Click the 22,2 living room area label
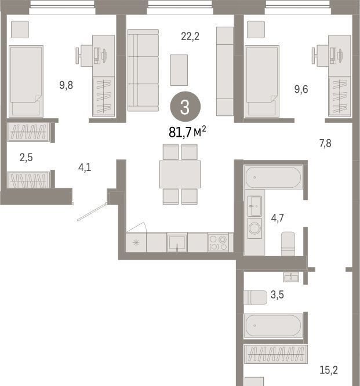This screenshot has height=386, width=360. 190,37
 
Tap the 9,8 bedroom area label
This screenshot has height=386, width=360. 66,85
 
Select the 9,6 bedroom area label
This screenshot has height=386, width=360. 301,89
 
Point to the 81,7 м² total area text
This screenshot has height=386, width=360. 187,132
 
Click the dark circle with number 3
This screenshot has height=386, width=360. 185,107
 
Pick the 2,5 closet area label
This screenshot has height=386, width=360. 26,157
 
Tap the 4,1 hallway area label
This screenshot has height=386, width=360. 85,167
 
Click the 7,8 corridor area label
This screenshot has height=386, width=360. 325,143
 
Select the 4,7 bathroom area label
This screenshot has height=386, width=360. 277,218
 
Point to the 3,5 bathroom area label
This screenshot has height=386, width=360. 277,294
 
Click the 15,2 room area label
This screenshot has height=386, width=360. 329,370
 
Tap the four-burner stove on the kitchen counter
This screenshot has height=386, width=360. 218,242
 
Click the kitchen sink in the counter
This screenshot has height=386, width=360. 177,242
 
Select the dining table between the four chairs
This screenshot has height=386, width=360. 180,174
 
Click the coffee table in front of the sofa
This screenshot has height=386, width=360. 179,70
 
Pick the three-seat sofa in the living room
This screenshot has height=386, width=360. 143,70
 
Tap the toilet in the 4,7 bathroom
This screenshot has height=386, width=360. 288,243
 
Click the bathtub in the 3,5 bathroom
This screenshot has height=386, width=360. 273,326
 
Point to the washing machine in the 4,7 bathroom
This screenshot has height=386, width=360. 254,228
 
